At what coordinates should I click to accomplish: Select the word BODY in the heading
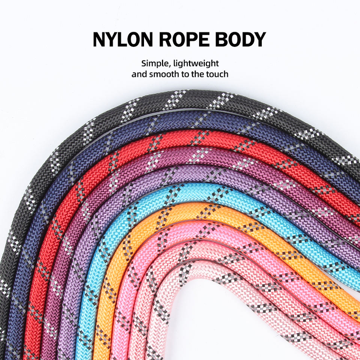click(x=242, y=40)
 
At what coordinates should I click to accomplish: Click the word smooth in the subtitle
click(x=164, y=74)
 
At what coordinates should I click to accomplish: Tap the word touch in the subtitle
click(x=217, y=74)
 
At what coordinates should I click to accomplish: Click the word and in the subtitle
click(x=139, y=74)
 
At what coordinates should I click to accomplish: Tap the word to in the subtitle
click(x=185, y=74)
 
